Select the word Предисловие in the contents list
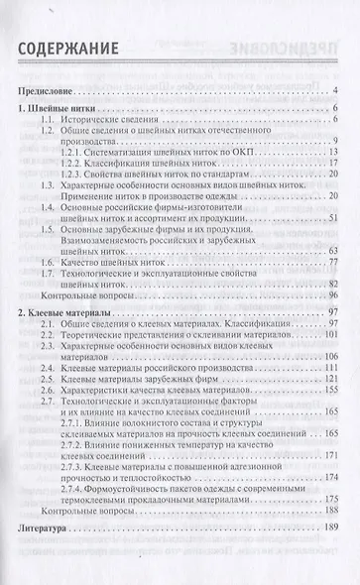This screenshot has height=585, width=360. (x=49, y=92)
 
